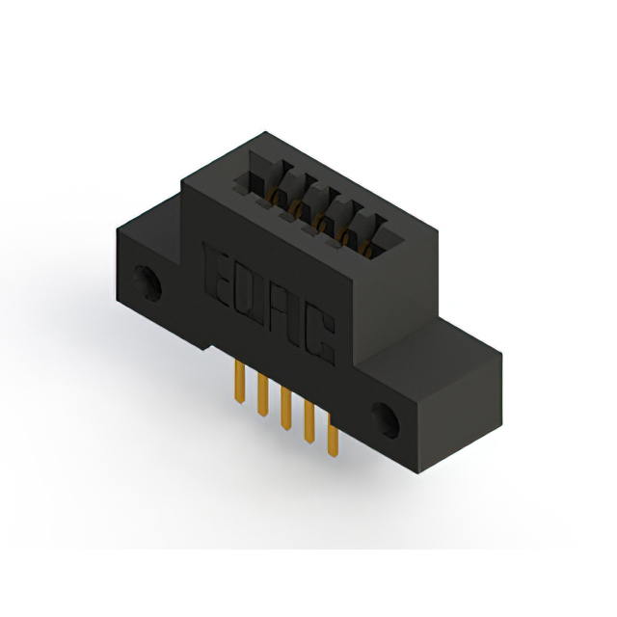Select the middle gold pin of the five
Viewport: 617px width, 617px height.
pyautogui.click(x=285, y=410)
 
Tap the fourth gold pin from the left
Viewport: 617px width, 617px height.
pyautogui.click(x=308, y=424)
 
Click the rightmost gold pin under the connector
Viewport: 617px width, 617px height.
pyautogui.click(x=333, y=440)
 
